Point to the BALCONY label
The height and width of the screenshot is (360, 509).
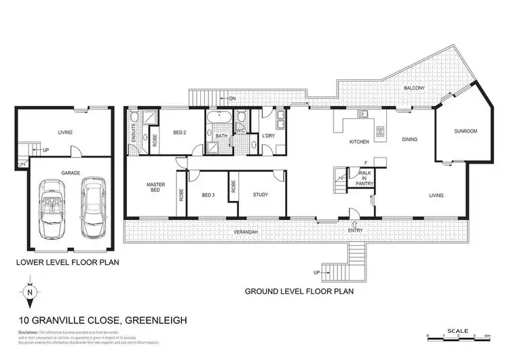click(415, 88)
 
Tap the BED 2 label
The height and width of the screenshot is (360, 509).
click(179, 132)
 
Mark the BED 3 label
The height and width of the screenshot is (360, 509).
click(208, 196)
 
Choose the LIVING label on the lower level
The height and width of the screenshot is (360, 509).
click(65, 132)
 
